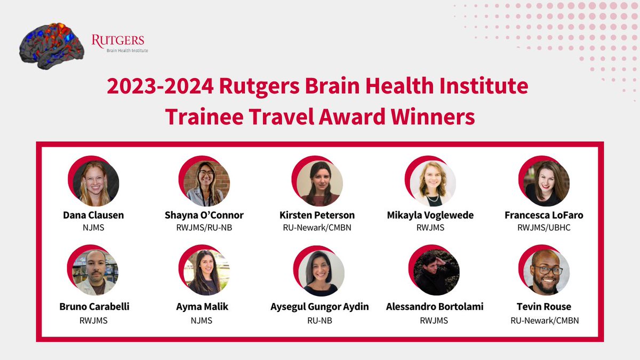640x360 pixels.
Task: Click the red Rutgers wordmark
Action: [x=118, y=41]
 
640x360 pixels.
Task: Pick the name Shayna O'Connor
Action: [x=204, y=215]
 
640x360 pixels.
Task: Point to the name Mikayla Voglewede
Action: [x=430, y=215]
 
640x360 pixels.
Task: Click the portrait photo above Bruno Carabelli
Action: [x=95, y=273]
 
